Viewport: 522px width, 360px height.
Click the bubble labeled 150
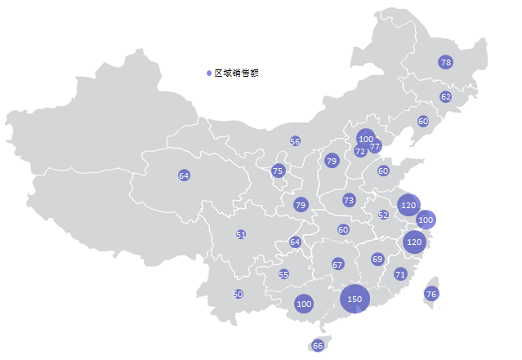[x=355, y=300]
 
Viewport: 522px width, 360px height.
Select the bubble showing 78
[x=445, y=62]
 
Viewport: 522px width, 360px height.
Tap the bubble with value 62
[x=445, y=96]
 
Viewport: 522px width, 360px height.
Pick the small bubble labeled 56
[x=295, y=141]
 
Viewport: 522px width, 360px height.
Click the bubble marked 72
[x=360, y=152]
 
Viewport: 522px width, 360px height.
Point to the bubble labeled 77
[x=375, y=147]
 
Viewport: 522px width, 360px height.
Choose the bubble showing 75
[x=278, y=171]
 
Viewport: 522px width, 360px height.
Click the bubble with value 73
[x=349, y=200]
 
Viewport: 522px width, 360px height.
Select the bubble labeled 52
[x=383, y=216]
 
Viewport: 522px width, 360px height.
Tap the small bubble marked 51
[x=241, y=234]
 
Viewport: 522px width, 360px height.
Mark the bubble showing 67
[x=337, y=264]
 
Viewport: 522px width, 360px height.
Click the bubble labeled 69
[x=377, y=259]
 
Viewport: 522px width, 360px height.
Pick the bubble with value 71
[x=400, y=274]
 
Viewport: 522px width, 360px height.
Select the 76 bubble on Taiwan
[x=431, y=294]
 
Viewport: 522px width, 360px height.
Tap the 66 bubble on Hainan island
[x=318, y=345]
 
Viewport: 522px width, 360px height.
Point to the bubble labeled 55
[x=283, y=274]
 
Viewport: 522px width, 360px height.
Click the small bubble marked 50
[x=239, y=294]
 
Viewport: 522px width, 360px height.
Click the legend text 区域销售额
[x=237, y=73]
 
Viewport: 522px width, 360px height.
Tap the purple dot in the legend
[x=210, y=73]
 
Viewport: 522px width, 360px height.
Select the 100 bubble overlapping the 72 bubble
[x=366, y=139]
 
